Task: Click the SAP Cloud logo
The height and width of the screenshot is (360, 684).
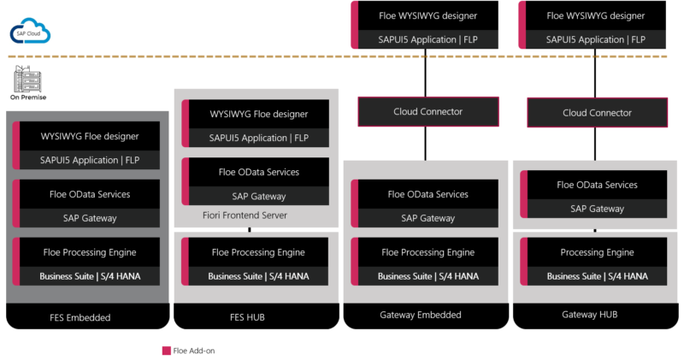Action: pyautogui.click(x=30, y=31)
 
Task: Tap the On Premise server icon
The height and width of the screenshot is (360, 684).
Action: pyautogui.click(x=28, y=79)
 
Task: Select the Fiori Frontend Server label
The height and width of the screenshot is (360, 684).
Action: pyautogui.click(x=245, y=215)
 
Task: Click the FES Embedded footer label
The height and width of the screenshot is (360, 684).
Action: pyautogui.click(x=80, y=317)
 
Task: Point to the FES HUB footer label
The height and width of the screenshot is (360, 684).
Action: pyautogui.click(x=247, y=317)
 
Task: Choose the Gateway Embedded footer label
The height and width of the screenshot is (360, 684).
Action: pyautogui.click(x=421, y=315)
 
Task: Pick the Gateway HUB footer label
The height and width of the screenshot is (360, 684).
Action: pyautogui.click(x=590, y=314)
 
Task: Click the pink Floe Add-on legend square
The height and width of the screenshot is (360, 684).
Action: pyautogui.click(x=166, y=351)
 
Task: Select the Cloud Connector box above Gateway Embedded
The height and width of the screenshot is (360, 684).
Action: pyautogui.click(x=428, y=112)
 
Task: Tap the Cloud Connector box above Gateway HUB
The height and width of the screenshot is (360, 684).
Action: pyautogui.click(x=597, y=113)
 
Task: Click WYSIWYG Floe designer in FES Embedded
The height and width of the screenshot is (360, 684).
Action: pyautogui.click(x=90, y=136)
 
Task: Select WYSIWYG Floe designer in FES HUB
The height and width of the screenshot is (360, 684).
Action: pyautogui.click(x=259, y=114)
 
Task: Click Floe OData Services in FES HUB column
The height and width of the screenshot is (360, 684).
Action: pyautogui.click(x=259, y=172)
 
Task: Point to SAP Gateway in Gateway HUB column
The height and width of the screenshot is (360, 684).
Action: pyautogui.click(x=597, y=209)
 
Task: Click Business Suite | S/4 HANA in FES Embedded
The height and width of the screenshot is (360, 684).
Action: pyautogui.click(x=90, y=276)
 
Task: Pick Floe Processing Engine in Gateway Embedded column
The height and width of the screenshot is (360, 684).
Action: pyautogui.click(x=428, y=252)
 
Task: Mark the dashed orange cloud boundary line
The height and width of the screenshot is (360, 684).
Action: pyautogui.click(x=337, y=56)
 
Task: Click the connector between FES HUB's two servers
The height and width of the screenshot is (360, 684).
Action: pyautogui.click(x=250, y=229)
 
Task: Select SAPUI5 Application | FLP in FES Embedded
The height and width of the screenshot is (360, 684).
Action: pyautogui.click(x=90, y=160)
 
